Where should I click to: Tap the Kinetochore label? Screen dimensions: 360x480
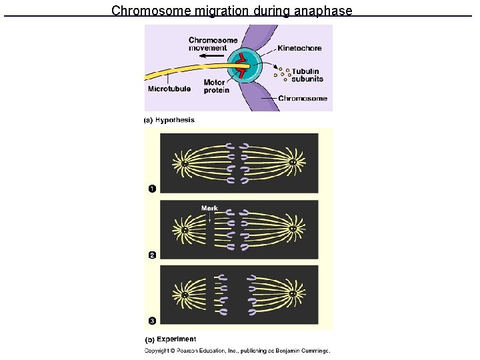pyautogui.click(x=299, y=48)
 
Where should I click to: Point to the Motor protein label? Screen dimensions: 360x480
pyautogui.click(x=216, y=87)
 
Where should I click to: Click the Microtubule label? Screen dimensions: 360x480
pyautogui.click(x=169, y=89)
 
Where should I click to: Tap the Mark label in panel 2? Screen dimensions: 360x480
pyautogui.click(x=209, y=208)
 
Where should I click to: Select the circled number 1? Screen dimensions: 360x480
pyautogui.click(x=152, y=189)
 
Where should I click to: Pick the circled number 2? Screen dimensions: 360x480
pyautogui.click(x=152, y=254)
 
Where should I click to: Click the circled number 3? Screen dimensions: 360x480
pyautogui.click(x=152, y=321)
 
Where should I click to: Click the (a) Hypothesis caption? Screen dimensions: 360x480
pyautogui.click(x=169, y=120)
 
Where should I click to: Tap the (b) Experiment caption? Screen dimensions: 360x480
pyautogui.click(x=170, y=339)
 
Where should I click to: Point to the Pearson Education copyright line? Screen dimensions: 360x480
pyautogui.click(x=238, y=351)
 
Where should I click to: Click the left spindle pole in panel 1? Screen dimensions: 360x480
pyautogui.click(x=183, y=163)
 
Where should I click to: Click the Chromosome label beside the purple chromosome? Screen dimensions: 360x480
pyautogui.click(x=302, y=99)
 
